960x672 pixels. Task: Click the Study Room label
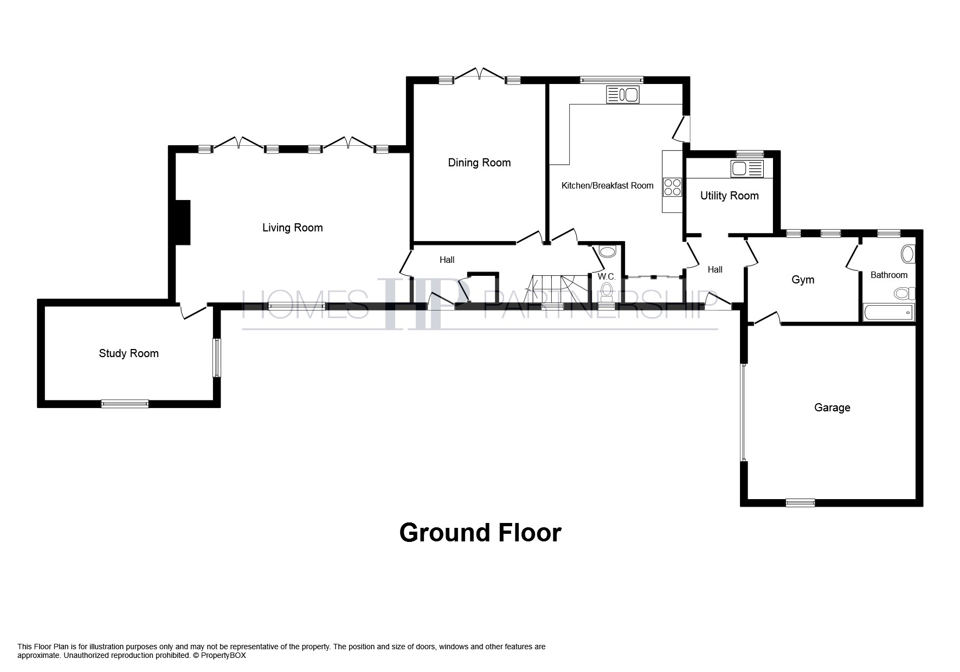128,353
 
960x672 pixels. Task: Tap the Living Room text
292,228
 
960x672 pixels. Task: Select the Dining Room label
479,163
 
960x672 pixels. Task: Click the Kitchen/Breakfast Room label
607,185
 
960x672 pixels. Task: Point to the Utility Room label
729,196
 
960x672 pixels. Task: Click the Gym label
803,280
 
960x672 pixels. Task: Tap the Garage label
832,408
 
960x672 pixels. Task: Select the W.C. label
607,276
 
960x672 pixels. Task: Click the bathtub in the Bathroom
888,313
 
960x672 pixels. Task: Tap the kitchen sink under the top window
623,95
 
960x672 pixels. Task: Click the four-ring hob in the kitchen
672,187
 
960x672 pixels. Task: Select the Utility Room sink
747,169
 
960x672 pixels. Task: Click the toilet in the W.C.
607,291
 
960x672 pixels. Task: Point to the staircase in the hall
558,288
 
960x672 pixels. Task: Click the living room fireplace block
183,222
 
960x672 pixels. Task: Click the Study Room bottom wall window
125,403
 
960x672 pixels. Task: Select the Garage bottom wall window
800,502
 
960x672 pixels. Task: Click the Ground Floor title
480,533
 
